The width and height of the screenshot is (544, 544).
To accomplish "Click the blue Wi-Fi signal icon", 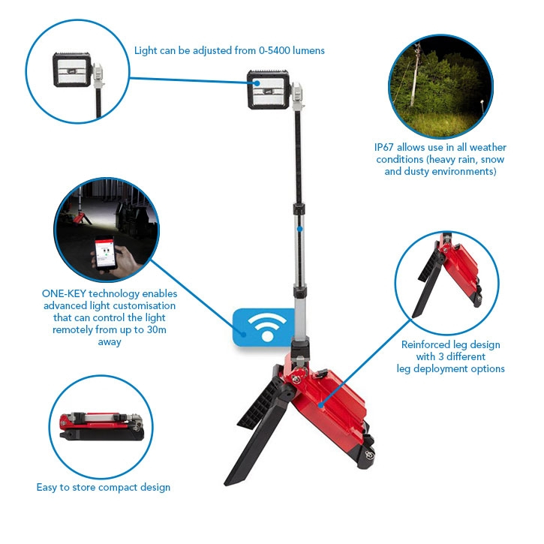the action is (267, 327).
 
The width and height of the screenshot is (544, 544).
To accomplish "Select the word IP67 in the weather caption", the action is (384, 148).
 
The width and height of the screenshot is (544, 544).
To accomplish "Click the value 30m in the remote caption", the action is (157, 329).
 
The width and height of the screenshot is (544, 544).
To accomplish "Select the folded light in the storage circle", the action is (101, 426).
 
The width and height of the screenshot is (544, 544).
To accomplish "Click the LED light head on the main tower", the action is (268, 89).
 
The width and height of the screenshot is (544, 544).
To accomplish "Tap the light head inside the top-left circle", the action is (72, 70).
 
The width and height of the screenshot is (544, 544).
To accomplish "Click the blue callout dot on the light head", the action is (257, 83).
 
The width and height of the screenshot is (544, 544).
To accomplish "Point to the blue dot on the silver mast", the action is (300, 229).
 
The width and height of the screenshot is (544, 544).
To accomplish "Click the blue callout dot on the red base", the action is (321, 405).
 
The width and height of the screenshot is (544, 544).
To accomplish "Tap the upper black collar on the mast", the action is (299, 209).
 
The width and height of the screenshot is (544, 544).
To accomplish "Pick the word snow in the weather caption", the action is (492, 160).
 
